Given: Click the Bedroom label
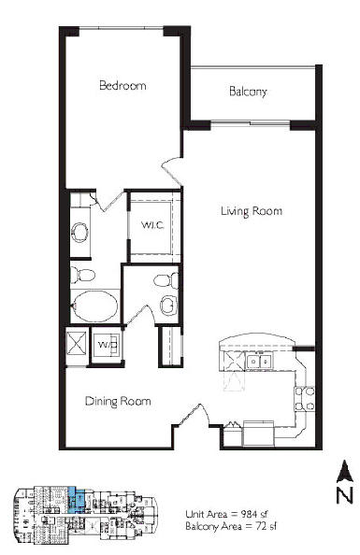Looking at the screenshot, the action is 122,86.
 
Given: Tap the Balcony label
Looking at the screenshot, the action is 248,92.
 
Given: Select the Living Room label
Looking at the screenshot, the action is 252,211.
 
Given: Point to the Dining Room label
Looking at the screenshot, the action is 118,402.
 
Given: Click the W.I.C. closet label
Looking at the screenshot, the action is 152,225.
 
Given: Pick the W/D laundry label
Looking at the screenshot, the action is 108,344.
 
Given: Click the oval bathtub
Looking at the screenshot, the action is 95,306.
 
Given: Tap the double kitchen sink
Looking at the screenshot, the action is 259,361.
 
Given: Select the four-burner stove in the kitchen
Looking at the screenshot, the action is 305,399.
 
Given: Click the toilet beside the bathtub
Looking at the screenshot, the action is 82,275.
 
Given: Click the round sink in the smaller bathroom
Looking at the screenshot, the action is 168,305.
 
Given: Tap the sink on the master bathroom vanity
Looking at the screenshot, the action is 79,233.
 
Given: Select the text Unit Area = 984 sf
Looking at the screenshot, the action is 229,514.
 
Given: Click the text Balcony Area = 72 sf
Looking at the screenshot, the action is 231,526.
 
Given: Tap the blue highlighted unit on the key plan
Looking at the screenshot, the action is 76,500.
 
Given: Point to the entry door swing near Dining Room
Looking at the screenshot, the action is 194,415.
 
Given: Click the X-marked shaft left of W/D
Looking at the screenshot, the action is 77,343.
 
